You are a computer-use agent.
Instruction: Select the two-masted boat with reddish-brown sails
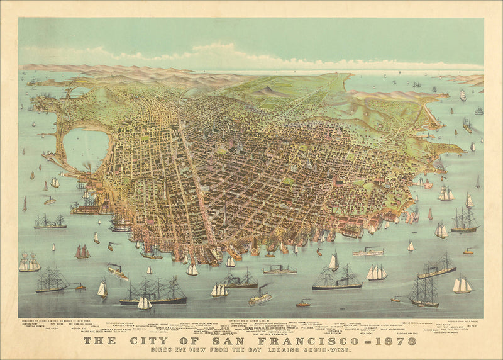82,252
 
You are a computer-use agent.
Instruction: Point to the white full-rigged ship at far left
29,262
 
